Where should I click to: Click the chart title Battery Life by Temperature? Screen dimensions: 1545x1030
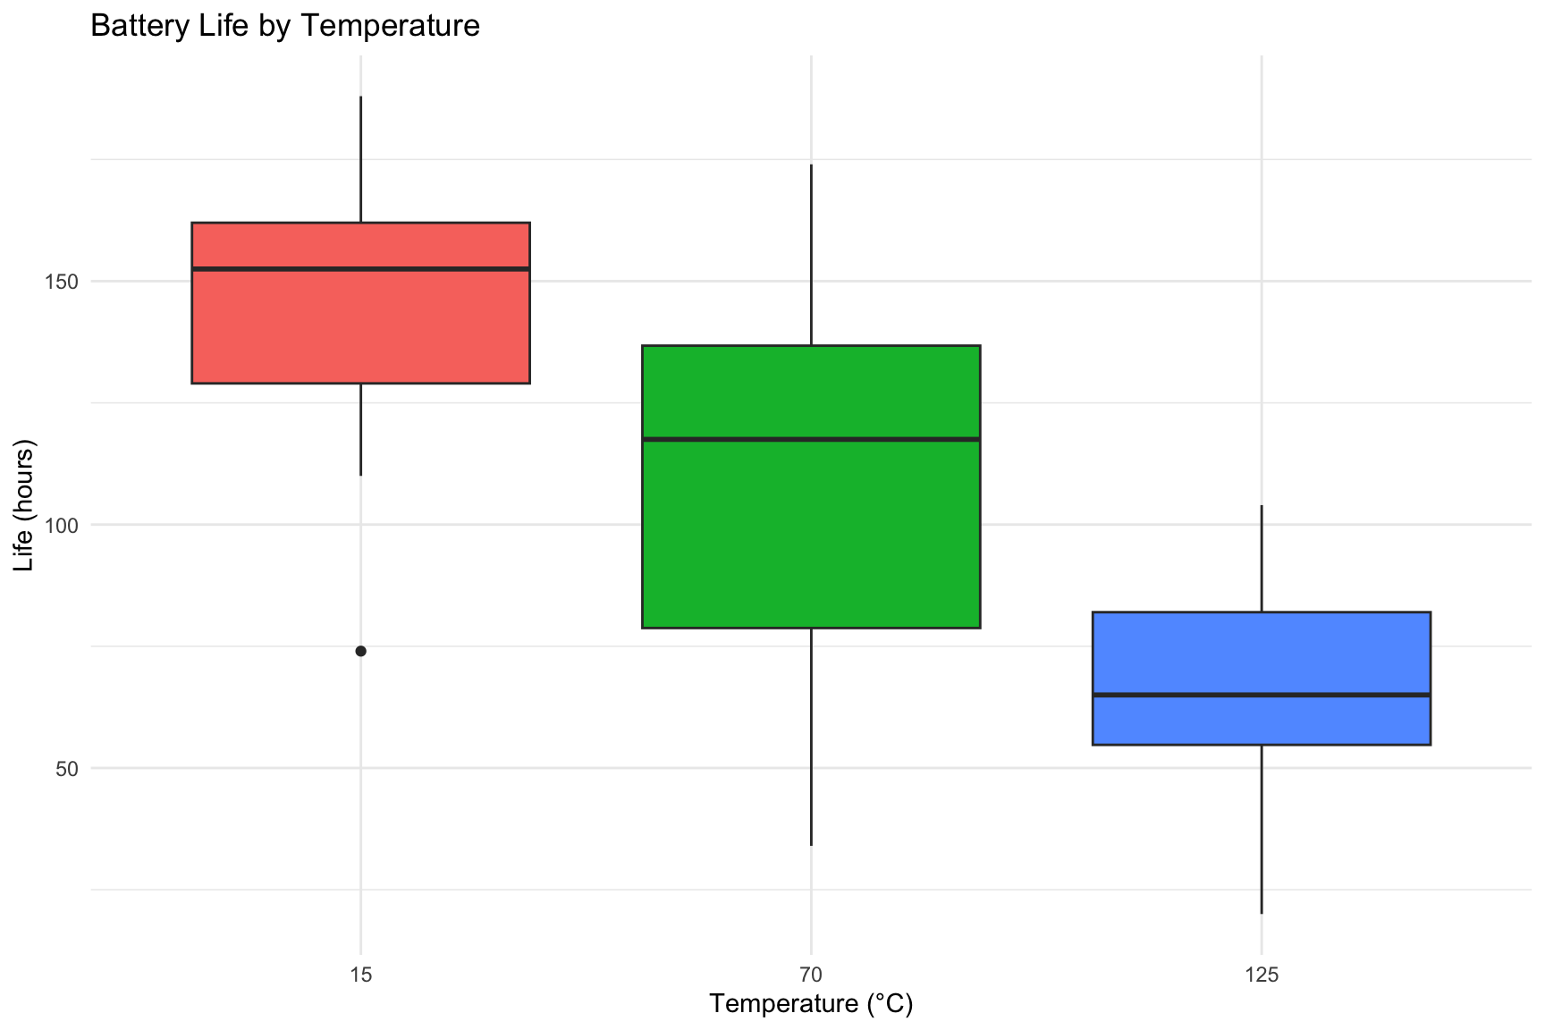pyautogui.click(x=285, y=26)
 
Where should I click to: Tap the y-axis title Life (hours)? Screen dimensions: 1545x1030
pyautogui.click(x=24, y=505)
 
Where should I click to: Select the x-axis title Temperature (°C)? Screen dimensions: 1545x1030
pyautogui.click(x=811, y=1004)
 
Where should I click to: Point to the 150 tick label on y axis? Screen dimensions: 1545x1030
pyautogui.click(x=61, y=282)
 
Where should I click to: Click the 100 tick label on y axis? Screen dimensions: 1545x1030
pyautogui.click(x=61, y=525)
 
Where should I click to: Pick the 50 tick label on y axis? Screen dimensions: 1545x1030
pyautogui.click(x=67, y=768)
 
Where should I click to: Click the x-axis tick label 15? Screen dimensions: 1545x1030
pyautogui.click(x=360, y=974)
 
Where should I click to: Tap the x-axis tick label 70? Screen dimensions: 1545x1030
pyautogui.click(x=811, y=974)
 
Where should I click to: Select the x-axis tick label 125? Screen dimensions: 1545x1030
pyautogui.click(x=1262, y=974)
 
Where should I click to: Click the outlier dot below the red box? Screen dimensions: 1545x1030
pyautogui.click(x=360, y=651)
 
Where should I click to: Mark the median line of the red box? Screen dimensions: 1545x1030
pyautogui.click(x=360, y=268)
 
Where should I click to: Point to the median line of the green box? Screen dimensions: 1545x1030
pyautogui.click(x=811, y=439)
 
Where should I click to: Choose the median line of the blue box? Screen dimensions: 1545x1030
pyautogui.click(x=1262, y=695)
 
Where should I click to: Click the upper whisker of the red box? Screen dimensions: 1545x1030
pyautogui.click(x=360, y=159)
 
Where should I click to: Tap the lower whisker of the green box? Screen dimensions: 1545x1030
pyautogui.click(x=811, y=737)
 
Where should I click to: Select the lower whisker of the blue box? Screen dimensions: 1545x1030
pyautogui.click(x=1262, y=829)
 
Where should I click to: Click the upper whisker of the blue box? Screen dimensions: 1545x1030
pyautogui.click(x=1262, y=559)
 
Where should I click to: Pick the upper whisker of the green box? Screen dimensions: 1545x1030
pyautogui.click(x=811, y=255)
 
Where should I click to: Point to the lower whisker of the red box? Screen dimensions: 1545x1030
pyautogui.click(x=360, y=429)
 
